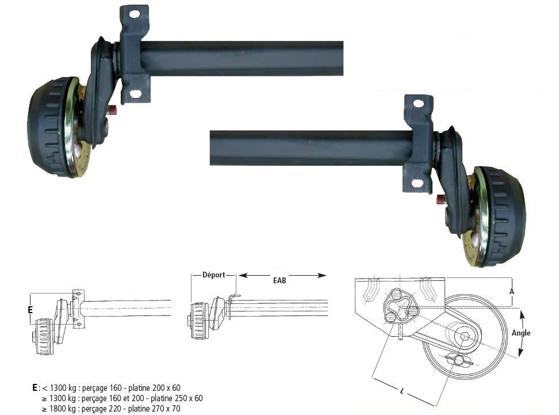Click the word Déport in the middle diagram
(x=213, y=275)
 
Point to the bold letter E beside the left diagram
(x=30, y=310)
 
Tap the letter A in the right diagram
(x=511, y=292)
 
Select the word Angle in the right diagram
(x=520, y=333)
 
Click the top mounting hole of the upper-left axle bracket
(x=134, y=13)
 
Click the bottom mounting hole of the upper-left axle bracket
(x=136, y=93)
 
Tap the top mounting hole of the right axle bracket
(x=418, y=104)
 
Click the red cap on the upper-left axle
(x=113, y=109)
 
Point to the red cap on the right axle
(x=441, y=200)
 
